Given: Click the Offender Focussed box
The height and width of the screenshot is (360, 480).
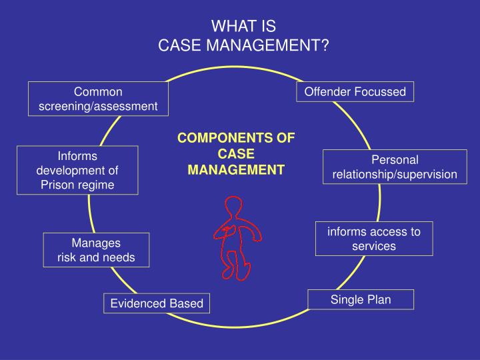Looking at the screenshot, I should click(x=355, y=91).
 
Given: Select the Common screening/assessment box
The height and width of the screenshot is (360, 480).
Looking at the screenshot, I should click(x=98, y=99).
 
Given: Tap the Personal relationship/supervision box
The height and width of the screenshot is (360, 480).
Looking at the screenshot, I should click(x=395, y=167).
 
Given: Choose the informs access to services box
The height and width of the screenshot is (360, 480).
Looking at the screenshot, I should click(x=373, y=239).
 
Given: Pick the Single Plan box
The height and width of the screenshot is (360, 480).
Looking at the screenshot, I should click(x=361, y=299).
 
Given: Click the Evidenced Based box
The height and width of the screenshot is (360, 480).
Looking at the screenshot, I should click(x=157, y=303).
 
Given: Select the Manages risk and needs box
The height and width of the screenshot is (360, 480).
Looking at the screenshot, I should click(x=96, y=249).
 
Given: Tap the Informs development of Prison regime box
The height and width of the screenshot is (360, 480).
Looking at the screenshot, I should click(x=77, y=170).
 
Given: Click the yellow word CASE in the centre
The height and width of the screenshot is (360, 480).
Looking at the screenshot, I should click(x=235, y=154).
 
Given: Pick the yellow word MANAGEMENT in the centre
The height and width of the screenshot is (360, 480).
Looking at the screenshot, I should click(x=235, y=170).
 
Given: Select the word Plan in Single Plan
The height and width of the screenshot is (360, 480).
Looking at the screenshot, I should click(x=378, y=299).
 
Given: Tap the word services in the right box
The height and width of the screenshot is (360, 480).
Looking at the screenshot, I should click(x=374, y=246).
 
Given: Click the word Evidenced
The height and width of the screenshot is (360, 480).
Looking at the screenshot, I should click(x=138, y=303).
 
